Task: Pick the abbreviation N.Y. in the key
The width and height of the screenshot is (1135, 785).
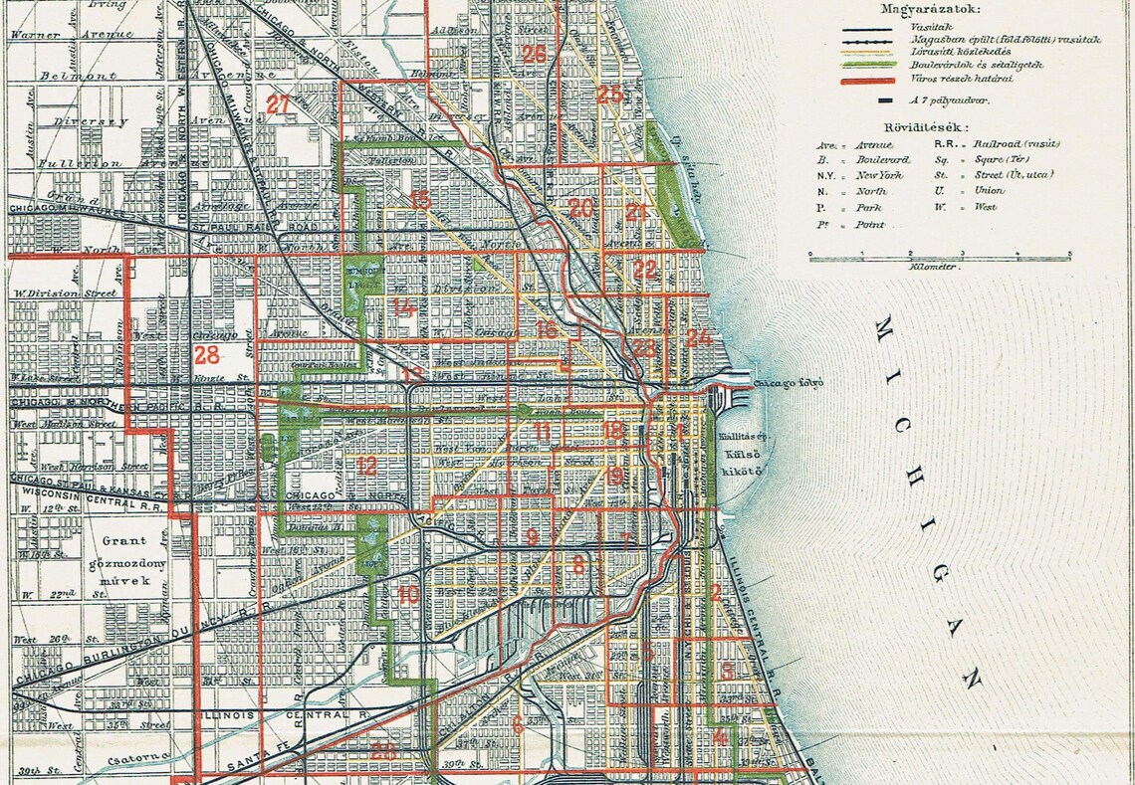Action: [x=827, y=174]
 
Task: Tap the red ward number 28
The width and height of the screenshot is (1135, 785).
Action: [x=207, y=355]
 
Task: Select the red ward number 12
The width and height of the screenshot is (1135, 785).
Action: [x=367, y=465]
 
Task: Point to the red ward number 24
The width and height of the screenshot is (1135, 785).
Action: [x=699, y=337]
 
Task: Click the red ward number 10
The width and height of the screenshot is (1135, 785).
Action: [x=408, y=596]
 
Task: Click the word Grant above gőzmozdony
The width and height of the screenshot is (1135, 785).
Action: [x=123, y=542]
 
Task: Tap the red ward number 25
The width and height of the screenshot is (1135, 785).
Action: [x=608, y=95]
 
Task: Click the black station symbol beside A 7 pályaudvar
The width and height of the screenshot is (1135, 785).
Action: [x=883, y=100]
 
